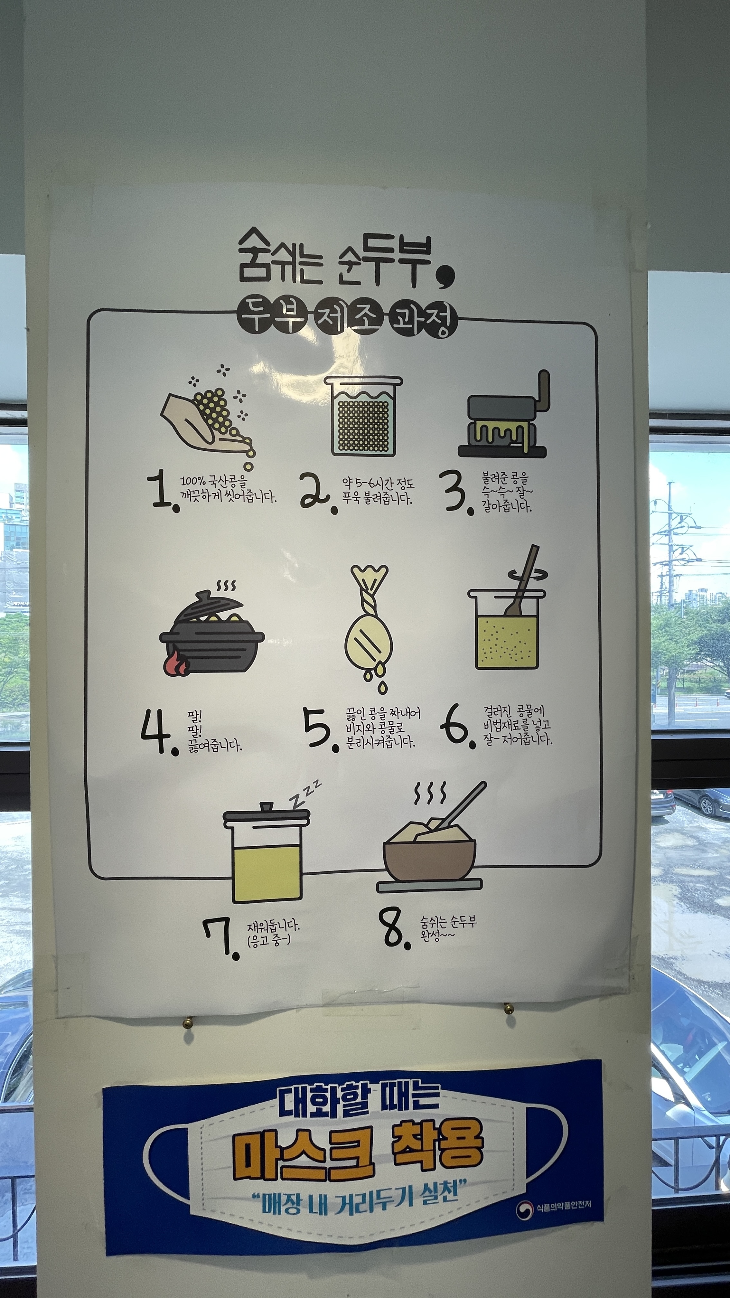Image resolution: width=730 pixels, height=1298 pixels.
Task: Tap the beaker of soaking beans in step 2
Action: pyautogui.click(x=363, y=415)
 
